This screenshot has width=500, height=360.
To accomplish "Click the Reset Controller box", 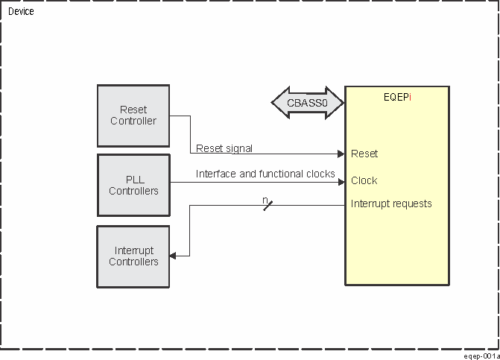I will (133, 116).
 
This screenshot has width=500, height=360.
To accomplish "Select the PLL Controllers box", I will (133, 185).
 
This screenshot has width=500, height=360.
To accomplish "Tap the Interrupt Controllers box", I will (133, 256).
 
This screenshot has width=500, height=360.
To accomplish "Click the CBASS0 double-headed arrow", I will (307, 104).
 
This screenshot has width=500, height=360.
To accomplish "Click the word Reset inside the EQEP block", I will (364, 154).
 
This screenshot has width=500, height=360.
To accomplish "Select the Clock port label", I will (364, 180).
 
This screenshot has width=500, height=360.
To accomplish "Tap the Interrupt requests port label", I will (391, 203).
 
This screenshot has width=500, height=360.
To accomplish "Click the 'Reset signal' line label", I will (224, 148).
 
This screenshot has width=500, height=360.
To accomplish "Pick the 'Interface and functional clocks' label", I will (265, 174).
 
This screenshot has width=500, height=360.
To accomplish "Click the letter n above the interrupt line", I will (265, 200).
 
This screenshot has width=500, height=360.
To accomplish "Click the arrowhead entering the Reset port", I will (341, 154).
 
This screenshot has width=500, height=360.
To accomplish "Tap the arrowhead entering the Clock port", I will (341, 181).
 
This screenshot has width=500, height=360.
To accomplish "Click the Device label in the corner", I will (21, 12).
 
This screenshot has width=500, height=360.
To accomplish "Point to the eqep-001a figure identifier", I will (480, 356).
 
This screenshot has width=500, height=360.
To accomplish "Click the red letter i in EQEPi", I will (411, 97).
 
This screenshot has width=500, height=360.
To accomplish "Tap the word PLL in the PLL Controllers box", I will (133, 180).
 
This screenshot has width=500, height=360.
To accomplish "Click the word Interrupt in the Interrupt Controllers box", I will (133, 251).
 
